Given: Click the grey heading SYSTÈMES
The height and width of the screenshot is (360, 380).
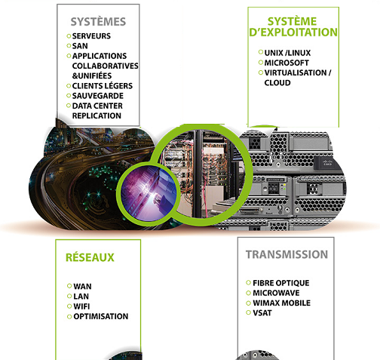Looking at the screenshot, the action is click(x=98, y=22).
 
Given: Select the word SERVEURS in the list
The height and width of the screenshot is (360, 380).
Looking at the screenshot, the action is click(x=91, y=36).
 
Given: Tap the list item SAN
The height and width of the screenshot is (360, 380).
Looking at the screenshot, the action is click(x=80, y=46).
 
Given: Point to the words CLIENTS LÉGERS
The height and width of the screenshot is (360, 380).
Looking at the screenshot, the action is click(x=103, y=86).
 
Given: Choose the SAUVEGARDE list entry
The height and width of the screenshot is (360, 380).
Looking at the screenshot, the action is click(x=98, y=96).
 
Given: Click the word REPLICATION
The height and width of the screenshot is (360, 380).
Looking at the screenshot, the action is click(x=97, y=115).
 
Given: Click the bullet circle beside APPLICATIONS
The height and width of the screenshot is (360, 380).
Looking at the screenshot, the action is click(x=69, y=56).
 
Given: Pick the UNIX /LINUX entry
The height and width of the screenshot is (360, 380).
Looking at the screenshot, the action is click(x=287, y=53).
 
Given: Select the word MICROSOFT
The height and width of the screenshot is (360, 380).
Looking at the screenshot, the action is click(x=287, y=63).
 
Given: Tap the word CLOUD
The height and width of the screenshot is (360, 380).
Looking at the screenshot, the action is click(x=277, y=83).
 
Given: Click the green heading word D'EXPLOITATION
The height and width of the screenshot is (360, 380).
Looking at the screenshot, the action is click(x=293, y=32).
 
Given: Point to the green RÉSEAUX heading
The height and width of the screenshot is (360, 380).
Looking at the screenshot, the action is click(x=90, y=257).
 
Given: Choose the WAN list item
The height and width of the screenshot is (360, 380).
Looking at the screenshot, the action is click(x=82, y=286).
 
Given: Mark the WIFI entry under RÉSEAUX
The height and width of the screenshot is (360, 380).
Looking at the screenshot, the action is click(x=81, y=306).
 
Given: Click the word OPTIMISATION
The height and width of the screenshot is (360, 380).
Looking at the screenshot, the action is click(x=101, y=316).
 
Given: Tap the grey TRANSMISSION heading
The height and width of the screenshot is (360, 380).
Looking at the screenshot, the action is click(x=287, y=254).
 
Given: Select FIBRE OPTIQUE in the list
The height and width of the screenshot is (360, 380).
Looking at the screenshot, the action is click(x=281, y=283).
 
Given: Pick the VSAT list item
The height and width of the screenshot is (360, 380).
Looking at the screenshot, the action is click(x=262, y=313).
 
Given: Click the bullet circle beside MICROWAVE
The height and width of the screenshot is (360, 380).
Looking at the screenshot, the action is click(x=249, y=293).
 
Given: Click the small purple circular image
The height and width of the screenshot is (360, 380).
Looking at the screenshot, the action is click(x=149, y=193).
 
